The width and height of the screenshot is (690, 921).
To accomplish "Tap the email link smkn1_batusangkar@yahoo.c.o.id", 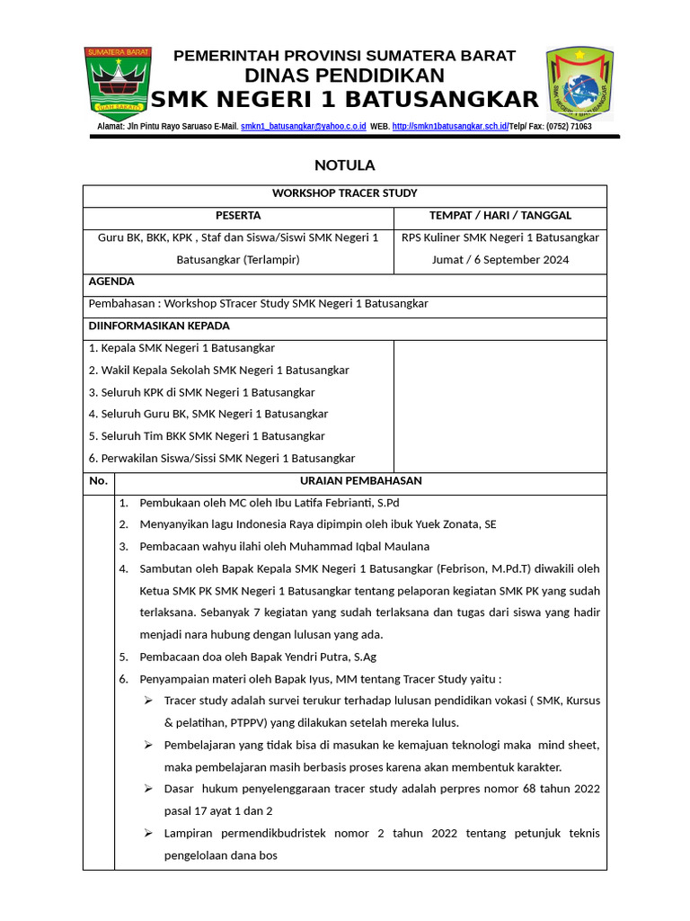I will coord(304,127).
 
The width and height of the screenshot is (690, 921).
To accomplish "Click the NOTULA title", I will coord(344,165).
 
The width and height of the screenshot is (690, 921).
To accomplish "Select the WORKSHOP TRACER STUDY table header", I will coord(345,193).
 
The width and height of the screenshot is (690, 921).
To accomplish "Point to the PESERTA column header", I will coord(238,216).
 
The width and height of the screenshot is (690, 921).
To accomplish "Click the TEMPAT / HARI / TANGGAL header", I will coord(500,216).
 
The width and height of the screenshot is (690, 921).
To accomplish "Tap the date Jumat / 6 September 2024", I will coord(500,260).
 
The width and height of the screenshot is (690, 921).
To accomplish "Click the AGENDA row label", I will coord(111,282).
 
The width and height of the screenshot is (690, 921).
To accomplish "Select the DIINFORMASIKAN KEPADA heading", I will coord(159,326).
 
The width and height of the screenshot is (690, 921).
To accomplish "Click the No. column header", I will coord(98,481).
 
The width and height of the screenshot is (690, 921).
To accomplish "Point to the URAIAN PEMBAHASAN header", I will coord(360,481).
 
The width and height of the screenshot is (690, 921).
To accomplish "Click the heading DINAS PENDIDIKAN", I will coord(344,76).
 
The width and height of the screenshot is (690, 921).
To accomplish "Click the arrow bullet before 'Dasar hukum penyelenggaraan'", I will coord(148,789).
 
